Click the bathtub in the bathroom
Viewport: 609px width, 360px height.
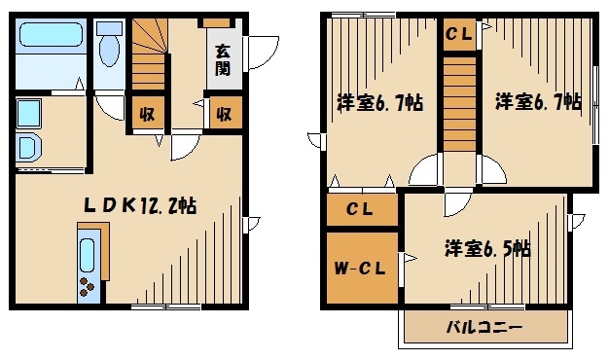pos(54,45)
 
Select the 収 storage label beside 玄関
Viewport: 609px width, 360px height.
pos(222,114)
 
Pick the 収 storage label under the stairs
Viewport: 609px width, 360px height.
pos(147,114)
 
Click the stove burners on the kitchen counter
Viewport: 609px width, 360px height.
pos(88,287)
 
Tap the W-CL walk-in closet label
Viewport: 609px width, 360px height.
pos(362,268)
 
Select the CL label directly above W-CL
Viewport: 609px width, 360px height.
pos(362,209)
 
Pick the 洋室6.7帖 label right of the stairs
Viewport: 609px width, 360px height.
pos(537,101)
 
